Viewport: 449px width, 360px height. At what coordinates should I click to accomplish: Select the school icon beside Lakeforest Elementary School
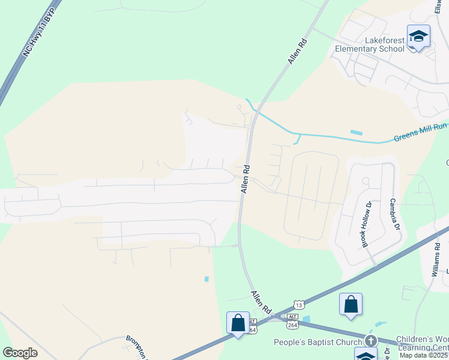[418, 37]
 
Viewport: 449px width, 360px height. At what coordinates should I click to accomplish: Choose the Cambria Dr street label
[394, 215]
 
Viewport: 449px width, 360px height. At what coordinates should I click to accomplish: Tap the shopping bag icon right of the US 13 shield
[351, 305]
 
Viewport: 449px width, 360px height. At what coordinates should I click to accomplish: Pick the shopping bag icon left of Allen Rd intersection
[238, 323]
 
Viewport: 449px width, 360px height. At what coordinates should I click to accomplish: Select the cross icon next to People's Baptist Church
[371, 340]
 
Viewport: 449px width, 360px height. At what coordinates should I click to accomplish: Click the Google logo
[20, 353]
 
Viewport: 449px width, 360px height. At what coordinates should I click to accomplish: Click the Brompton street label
[136, 346]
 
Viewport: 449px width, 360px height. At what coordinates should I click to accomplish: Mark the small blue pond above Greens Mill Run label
[356, 132]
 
